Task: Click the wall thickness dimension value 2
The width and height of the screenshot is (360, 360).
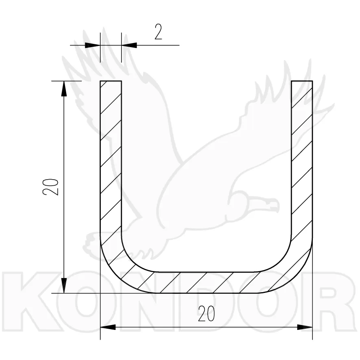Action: [x=158, y=32]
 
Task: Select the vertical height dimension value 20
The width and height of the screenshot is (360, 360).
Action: [x=50, y=187]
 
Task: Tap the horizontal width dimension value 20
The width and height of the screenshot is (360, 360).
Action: [x=206, y=314]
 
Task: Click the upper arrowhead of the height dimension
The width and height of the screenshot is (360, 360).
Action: [x=64, y=89]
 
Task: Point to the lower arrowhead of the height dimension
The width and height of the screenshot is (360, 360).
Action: [x=64, y=285]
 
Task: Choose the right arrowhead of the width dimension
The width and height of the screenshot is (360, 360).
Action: [x=305, y=327]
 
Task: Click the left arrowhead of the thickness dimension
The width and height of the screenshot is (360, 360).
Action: [x=93, y=45]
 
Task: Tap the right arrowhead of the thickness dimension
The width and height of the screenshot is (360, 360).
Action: [x=129, y=45]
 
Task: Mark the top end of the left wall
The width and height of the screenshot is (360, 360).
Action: [x=111, y=81]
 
